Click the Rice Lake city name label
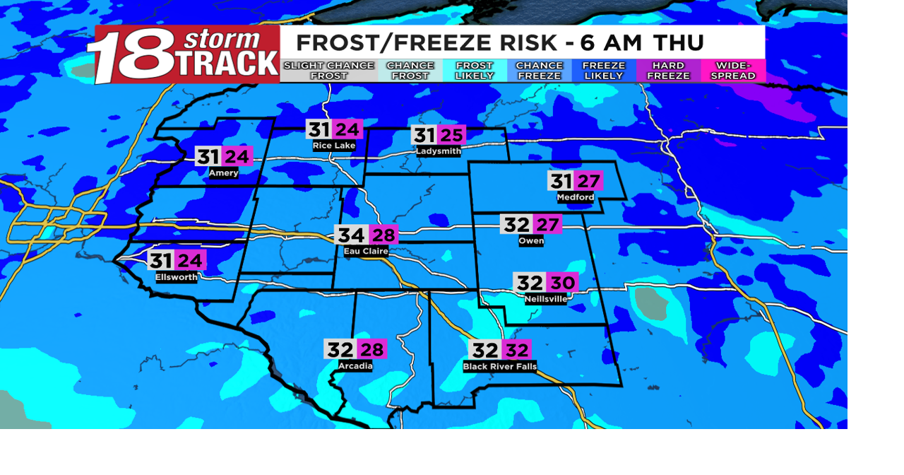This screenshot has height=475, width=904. [x=335, y=146]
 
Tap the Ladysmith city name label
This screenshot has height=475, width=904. [x=438, y=151]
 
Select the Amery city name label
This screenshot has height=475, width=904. [x=223, y=173]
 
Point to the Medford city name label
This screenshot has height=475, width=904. [x=575, y=197]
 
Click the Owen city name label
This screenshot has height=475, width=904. [x=531, y=241]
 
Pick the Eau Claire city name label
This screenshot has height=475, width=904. [x=366, y=251]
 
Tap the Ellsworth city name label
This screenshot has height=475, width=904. [x=177, y=277]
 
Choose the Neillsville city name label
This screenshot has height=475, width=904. [x=546, y=299]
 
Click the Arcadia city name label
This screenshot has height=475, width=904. [x=355, y=366]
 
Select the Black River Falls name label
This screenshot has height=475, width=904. [x=500, y=367]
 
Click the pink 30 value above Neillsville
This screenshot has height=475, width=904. [x=562, y=283]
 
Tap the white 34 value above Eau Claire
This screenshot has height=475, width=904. [x=350, y=235]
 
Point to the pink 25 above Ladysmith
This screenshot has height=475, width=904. [x=451, y=136]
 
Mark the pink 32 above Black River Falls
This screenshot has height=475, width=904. [x=517, y=350]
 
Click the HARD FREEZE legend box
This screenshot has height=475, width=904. [x=668, y=71]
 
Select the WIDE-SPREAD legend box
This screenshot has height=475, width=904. [x=733, y=71]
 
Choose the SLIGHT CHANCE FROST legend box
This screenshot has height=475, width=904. [x=329, y=71]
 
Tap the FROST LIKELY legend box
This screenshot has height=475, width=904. [x=475, y=71]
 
